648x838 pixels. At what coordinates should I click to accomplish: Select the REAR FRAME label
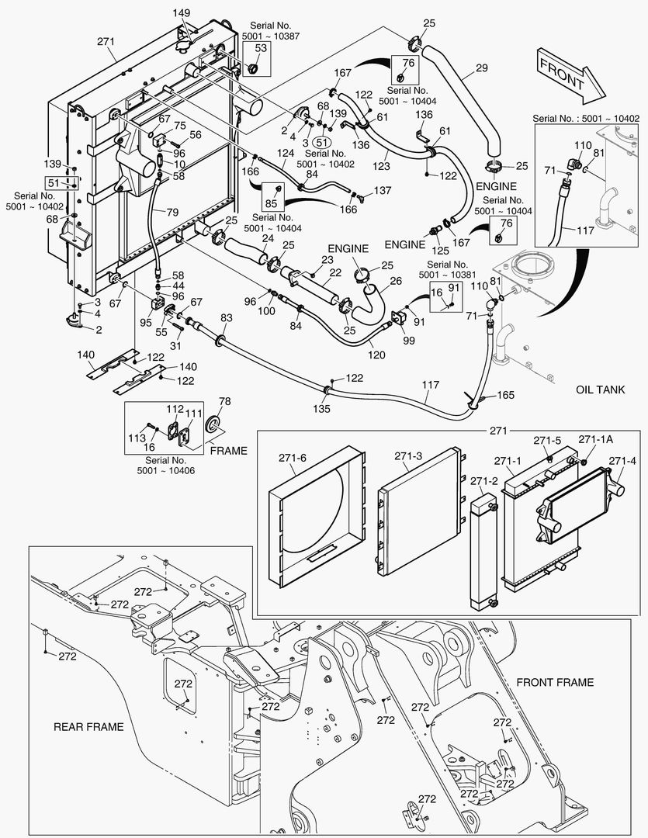(88, 727)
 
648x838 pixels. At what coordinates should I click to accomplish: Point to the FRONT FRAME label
(555, 682)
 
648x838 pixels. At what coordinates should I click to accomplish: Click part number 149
(181, 13)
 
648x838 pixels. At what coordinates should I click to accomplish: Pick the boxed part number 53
(261, 48)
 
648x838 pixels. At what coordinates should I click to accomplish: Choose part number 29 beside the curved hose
(481, 70)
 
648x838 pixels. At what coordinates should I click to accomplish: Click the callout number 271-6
(293, 458)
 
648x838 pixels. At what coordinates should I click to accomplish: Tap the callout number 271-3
(407, 455)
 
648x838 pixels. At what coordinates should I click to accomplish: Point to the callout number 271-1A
(594, 439)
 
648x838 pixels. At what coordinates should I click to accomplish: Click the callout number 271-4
(622, 461)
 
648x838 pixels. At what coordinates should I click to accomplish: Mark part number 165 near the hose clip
(505, 396)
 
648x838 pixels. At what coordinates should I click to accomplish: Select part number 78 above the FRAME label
(224, 401)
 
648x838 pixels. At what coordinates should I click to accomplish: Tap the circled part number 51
(321, 143)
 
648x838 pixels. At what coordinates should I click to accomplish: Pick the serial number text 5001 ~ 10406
(165, 471)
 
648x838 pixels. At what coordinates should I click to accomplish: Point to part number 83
(227, 317)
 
